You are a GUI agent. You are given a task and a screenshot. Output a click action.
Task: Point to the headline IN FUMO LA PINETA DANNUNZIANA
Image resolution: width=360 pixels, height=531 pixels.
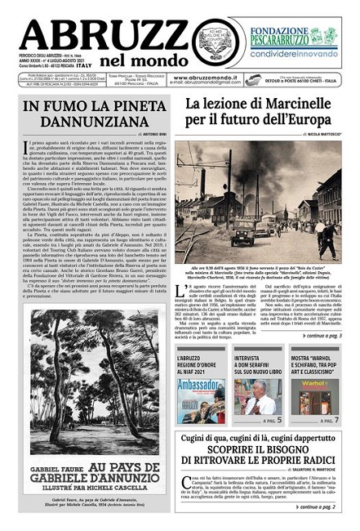pyautogui.click(x=90, y=116)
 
